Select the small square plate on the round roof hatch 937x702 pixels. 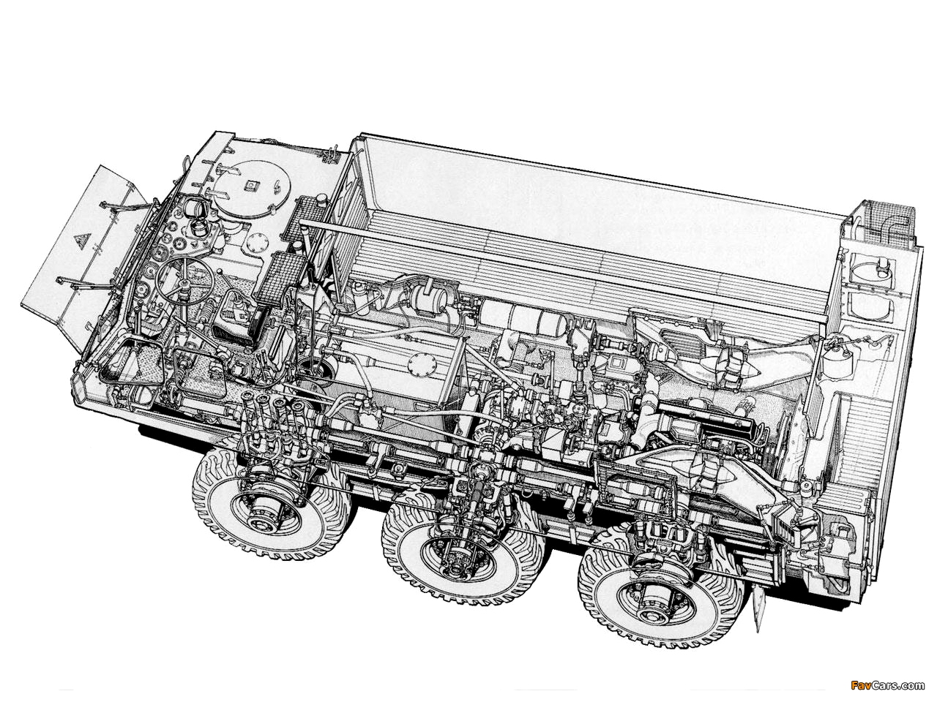click(250, 186)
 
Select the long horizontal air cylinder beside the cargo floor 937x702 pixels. click(519, 317)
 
